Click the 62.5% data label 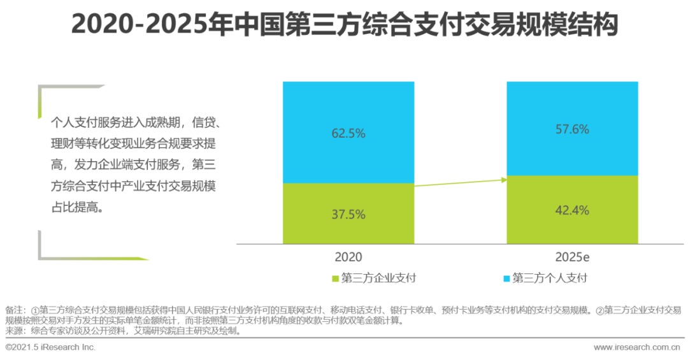tap(348, 133)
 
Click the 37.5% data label tap(348, 215)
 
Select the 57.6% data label tap(572, 129)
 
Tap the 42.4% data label tap(572, 210)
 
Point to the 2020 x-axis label tap(348, 257)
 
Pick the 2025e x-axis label tap(572, 257)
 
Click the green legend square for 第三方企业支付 tap(336, 278)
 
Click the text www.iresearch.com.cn tap(637, 347)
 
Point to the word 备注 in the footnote tap(13, 310)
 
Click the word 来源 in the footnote tap(13, 331)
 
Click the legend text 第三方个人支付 tap(549, 278)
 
